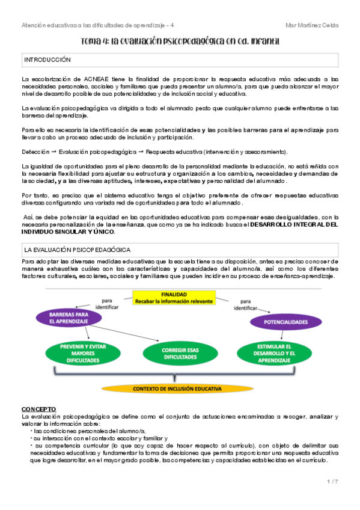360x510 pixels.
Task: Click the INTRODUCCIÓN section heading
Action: click(47, 60)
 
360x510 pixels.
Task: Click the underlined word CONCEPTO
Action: click(38, 409)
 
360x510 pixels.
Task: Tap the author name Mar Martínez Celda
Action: click(312, 25)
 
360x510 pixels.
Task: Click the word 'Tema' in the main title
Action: click(91, 41)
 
